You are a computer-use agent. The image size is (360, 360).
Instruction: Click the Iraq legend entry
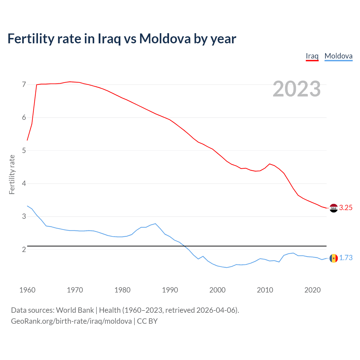(x=312, y=56)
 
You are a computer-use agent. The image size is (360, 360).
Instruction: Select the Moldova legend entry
(x=338, y=56)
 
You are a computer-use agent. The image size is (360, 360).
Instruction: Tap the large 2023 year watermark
(x=296, y=89)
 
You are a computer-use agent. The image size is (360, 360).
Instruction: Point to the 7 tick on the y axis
(x=24, y=84)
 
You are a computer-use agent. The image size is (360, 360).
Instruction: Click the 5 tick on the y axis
(x=24, y=150)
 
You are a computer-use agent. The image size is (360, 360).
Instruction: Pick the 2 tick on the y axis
(x=24, y=249)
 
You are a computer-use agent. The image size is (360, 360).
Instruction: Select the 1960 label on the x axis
(x=27, y=290)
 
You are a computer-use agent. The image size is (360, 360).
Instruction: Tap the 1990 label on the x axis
(x=170, y=290)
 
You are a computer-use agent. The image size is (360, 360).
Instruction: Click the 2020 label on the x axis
(x=312, y=290)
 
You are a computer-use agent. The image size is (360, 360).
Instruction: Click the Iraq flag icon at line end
(x=334, y=208)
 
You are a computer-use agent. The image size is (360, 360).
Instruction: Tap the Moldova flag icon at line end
(x=334, y=258)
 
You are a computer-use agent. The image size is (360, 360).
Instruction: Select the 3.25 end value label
(x=346, y=208)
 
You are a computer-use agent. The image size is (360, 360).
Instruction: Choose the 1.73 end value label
(x=346, y=258)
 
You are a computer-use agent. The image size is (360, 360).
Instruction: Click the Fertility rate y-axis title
(x=12, y=174)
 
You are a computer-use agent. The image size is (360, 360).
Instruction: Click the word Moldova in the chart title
(x=165, y=39)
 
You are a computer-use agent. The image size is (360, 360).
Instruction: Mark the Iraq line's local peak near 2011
(x=270, y=164)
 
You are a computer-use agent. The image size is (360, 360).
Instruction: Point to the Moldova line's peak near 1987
(x=155, y=224)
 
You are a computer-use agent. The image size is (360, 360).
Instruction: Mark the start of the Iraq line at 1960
(x=27, y=140)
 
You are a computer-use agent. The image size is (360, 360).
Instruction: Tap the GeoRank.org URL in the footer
(x=71, y=321)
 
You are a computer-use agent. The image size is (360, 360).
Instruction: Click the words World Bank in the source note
(x=75, y=310)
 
